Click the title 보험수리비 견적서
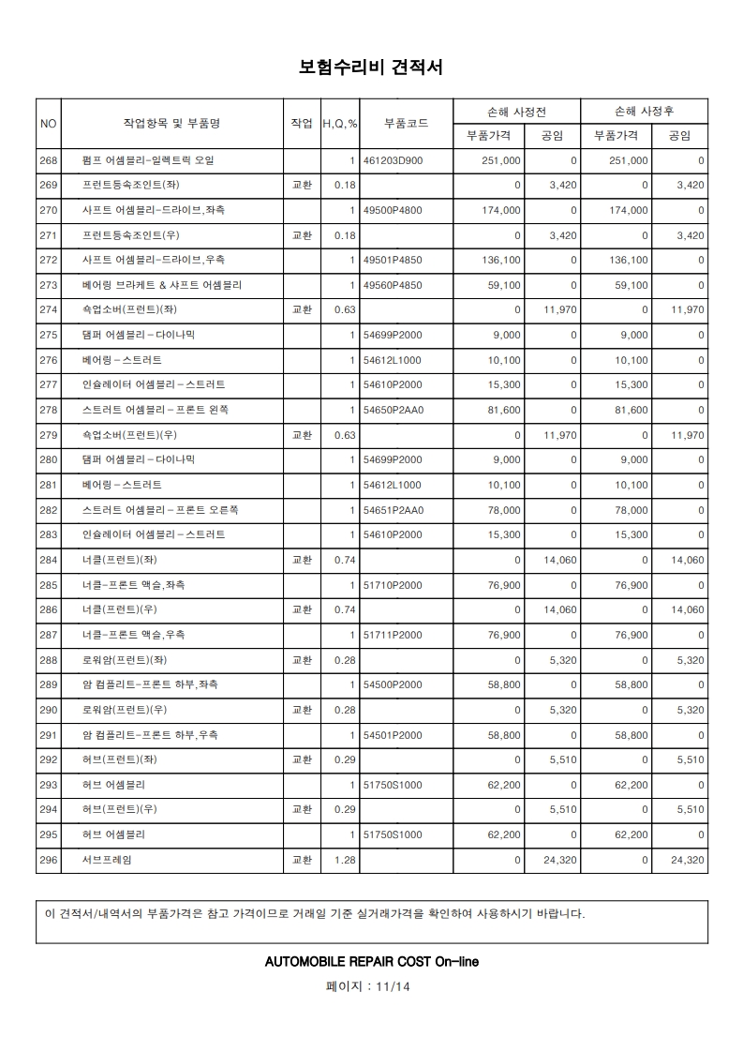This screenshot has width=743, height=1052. pos(371,68)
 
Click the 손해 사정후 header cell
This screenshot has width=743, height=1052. pos(644,111)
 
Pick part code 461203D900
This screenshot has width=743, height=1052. pos(394,160)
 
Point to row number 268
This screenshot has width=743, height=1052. pos(49,160)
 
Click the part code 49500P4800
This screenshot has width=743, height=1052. pos(393,210)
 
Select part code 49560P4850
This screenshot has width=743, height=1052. pos(393,285)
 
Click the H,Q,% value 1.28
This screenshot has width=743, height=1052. pos(345,860)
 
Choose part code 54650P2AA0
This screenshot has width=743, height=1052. pos(394,410)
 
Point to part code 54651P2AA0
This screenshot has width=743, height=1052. pos(394,510)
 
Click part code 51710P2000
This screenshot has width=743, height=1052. pos(393,585)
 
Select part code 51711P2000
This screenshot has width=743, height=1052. pos(393,635)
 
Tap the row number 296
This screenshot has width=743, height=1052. pos(49,860)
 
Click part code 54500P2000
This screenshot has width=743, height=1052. pos(393,685)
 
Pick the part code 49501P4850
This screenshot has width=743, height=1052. pos(393,260)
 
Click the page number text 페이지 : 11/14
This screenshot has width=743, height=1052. pos(371,986)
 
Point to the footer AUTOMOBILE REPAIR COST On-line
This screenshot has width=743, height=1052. pos(371,962)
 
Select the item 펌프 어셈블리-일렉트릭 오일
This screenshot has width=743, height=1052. pos(148,160)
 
